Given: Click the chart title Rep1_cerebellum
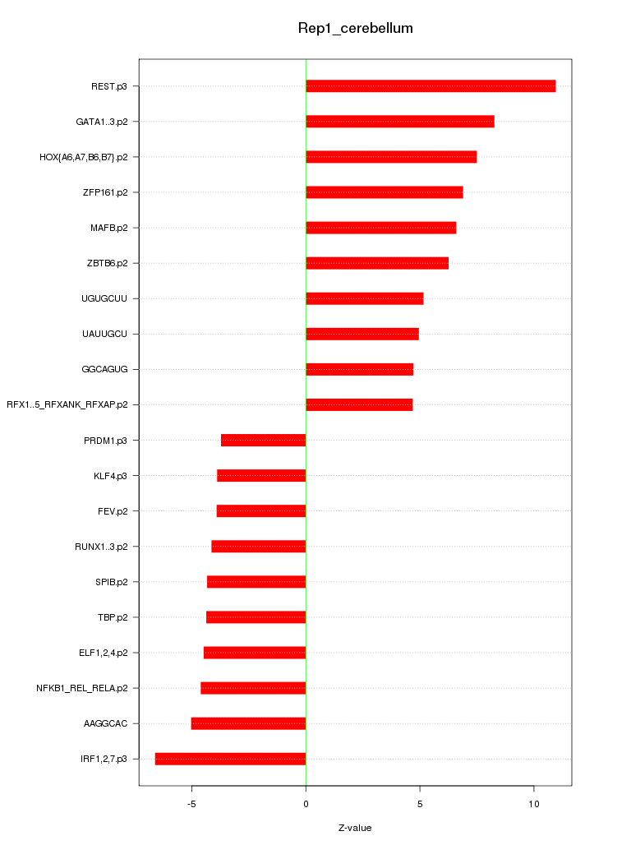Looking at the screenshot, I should pos(355,29).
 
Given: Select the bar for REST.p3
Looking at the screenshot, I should pos(431,86).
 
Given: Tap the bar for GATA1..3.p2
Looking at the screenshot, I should pos(400,122).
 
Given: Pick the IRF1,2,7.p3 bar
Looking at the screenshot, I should pos(230,759).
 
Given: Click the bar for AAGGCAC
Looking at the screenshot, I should pos(248,723).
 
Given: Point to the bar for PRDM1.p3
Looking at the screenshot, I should pos(263,441).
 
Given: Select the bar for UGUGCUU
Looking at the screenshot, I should pos(365,298).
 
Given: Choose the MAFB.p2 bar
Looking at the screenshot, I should pos(380,228).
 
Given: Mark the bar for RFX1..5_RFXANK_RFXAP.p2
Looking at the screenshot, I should pos(359,404).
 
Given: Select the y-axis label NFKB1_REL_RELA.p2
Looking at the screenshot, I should pos(81,688).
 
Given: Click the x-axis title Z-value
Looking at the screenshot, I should pos(355,828).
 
